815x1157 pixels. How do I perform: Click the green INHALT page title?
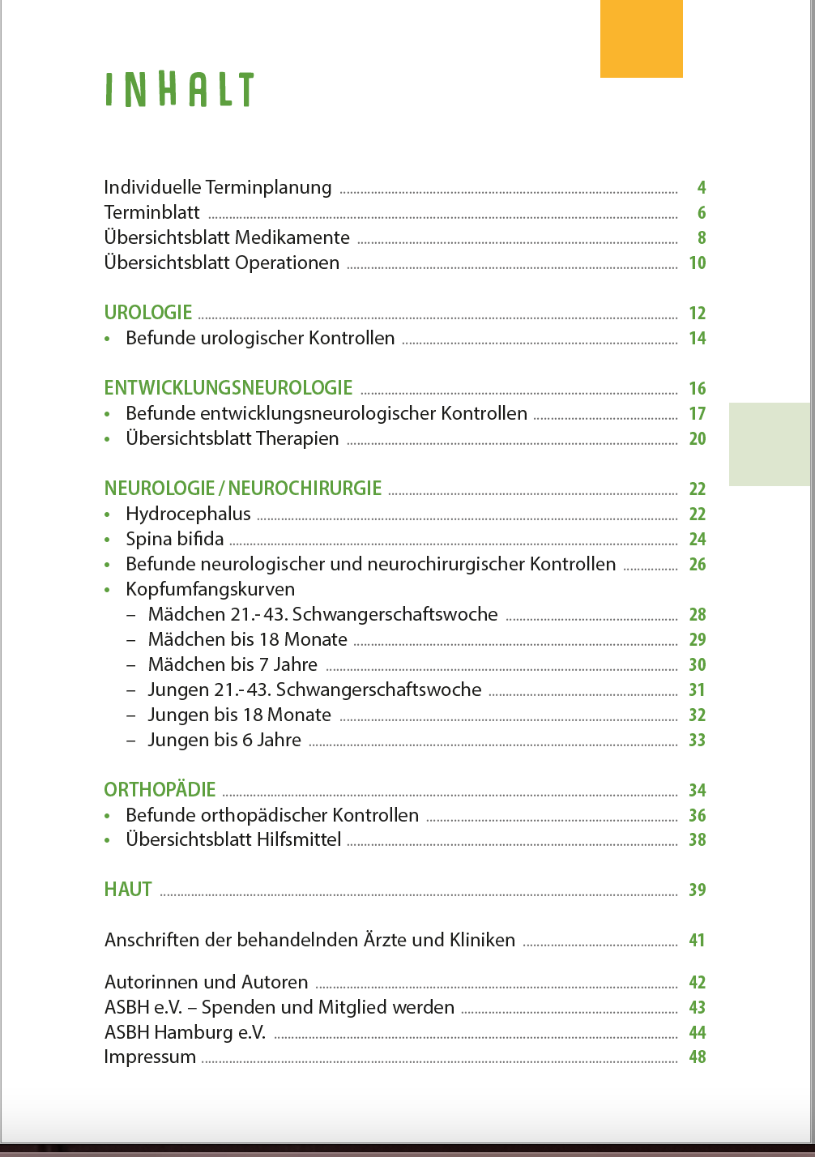179,90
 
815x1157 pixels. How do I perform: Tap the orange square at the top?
641,39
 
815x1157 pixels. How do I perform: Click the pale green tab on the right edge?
770,444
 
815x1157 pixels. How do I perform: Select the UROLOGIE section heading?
148,313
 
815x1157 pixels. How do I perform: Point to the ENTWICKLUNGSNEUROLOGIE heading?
228,388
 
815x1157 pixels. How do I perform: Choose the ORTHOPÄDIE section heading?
160,790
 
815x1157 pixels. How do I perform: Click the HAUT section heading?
128,890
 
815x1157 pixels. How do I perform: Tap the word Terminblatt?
151,213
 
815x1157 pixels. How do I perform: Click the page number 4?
702,188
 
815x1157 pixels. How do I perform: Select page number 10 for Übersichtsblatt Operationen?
698,263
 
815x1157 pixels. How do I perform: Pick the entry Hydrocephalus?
188,514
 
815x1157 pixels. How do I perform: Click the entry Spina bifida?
174,540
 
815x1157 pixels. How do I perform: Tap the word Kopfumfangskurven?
210,590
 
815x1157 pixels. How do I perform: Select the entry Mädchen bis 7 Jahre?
233,665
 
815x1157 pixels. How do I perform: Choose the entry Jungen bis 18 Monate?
239,715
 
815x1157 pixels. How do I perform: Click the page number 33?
698,741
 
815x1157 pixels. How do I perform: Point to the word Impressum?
150,1057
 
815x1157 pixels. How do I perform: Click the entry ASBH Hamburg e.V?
185,1032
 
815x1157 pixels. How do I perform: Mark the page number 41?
698,941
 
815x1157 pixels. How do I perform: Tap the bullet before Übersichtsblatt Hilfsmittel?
108,841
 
